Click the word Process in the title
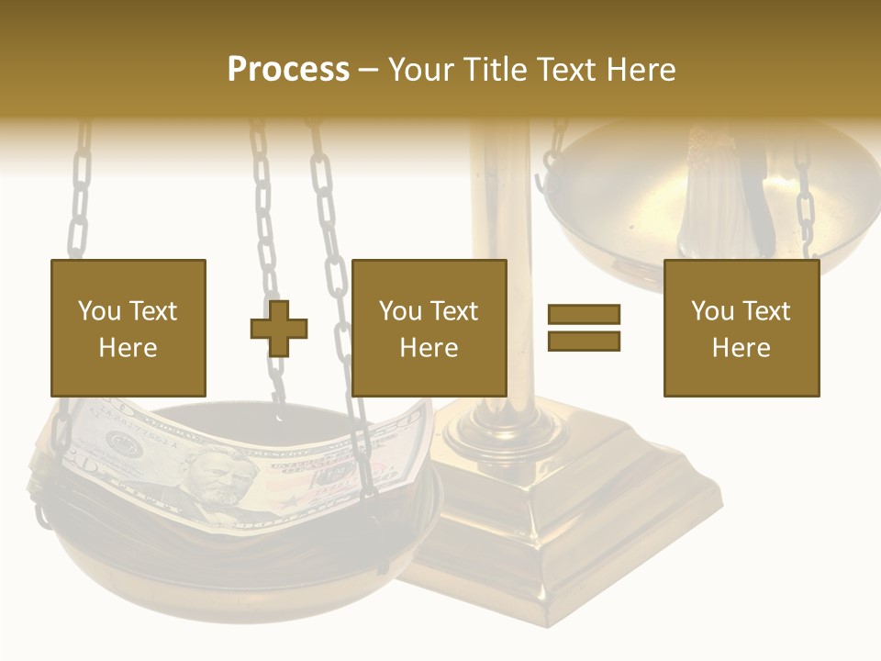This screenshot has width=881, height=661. click(288, 70)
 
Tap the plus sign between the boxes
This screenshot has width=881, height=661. click(279, 328)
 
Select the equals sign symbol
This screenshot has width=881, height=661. click(584, 328)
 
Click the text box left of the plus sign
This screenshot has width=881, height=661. click(128, 328)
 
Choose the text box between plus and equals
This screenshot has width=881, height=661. click(429, 328)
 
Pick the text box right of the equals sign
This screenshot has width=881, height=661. click(741, 328)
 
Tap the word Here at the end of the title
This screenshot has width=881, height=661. click(643, 70)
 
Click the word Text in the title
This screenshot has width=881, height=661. click(569, 70)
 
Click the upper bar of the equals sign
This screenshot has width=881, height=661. click(584, 315)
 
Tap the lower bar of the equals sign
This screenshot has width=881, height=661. click(584, 342)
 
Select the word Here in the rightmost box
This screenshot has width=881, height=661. click(741, 348)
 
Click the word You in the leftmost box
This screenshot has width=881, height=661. click(99, 310)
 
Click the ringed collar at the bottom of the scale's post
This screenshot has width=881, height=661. click(503, 424)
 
